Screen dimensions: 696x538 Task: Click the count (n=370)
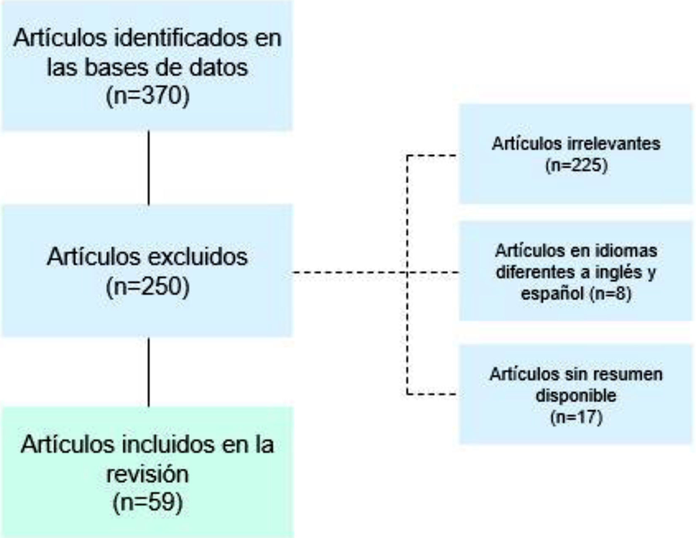point(148,96)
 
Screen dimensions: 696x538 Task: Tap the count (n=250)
point(148,287)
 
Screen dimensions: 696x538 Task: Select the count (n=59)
point(148,502)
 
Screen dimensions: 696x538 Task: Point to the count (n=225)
point(576,165)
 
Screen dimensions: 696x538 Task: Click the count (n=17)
point(576,417)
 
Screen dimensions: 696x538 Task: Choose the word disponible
point(576,395)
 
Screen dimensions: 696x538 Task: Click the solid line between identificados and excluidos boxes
point(148,168)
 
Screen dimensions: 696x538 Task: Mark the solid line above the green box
point(148,372)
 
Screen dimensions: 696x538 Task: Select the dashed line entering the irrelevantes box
point(432,156)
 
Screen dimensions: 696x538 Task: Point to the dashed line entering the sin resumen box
point(432,395)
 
